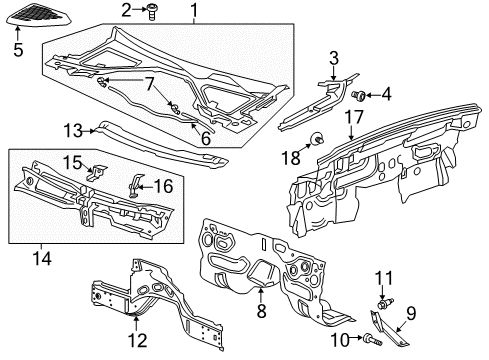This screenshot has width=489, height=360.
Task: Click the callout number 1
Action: tap(193, 11)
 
